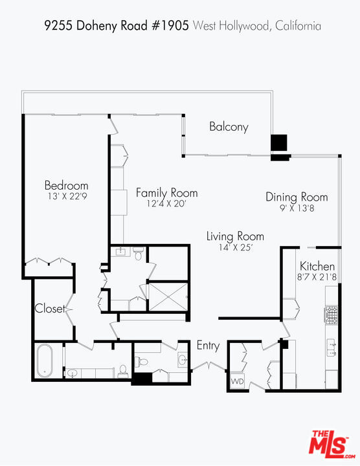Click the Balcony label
pyautogui.click(x=229, y=127)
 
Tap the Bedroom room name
pyautogui.click(x=66, y=185)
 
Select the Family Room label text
pyautogui.click(x=166, y=193)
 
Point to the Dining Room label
pyautogui.click(x=297, y=197)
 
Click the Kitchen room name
pyautogui.click(x=317, y=266)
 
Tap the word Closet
pyautogui.click(x=50, y=309)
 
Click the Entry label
pyautogui.click(x=208, y=346)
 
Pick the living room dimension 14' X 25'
pyautogui.click(x=234, y=247)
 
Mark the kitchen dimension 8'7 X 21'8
pyautogui.click(x=317, y=277)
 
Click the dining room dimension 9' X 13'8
pyautogui.click(x=297, y=208)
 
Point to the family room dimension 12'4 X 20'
pyautogui.click(x=166, y=204)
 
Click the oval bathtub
pyautogui.click(x=45, y=361)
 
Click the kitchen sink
pyautogui.click(x=331, y=348)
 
